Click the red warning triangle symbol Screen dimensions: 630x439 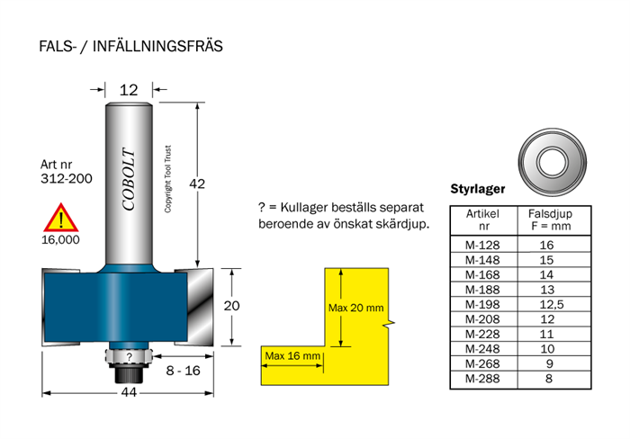[61, 218]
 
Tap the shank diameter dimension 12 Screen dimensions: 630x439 [129, 90]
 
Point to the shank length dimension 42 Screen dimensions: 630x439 [197, 184]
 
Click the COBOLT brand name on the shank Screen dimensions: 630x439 [129, 179]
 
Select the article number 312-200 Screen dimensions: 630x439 [67, 178]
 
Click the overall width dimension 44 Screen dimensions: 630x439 [129, 392]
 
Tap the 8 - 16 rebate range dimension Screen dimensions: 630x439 [184, 371]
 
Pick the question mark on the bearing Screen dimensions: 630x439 [129, 356]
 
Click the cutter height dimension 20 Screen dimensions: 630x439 [231, 306]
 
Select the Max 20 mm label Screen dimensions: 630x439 [356, 308]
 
